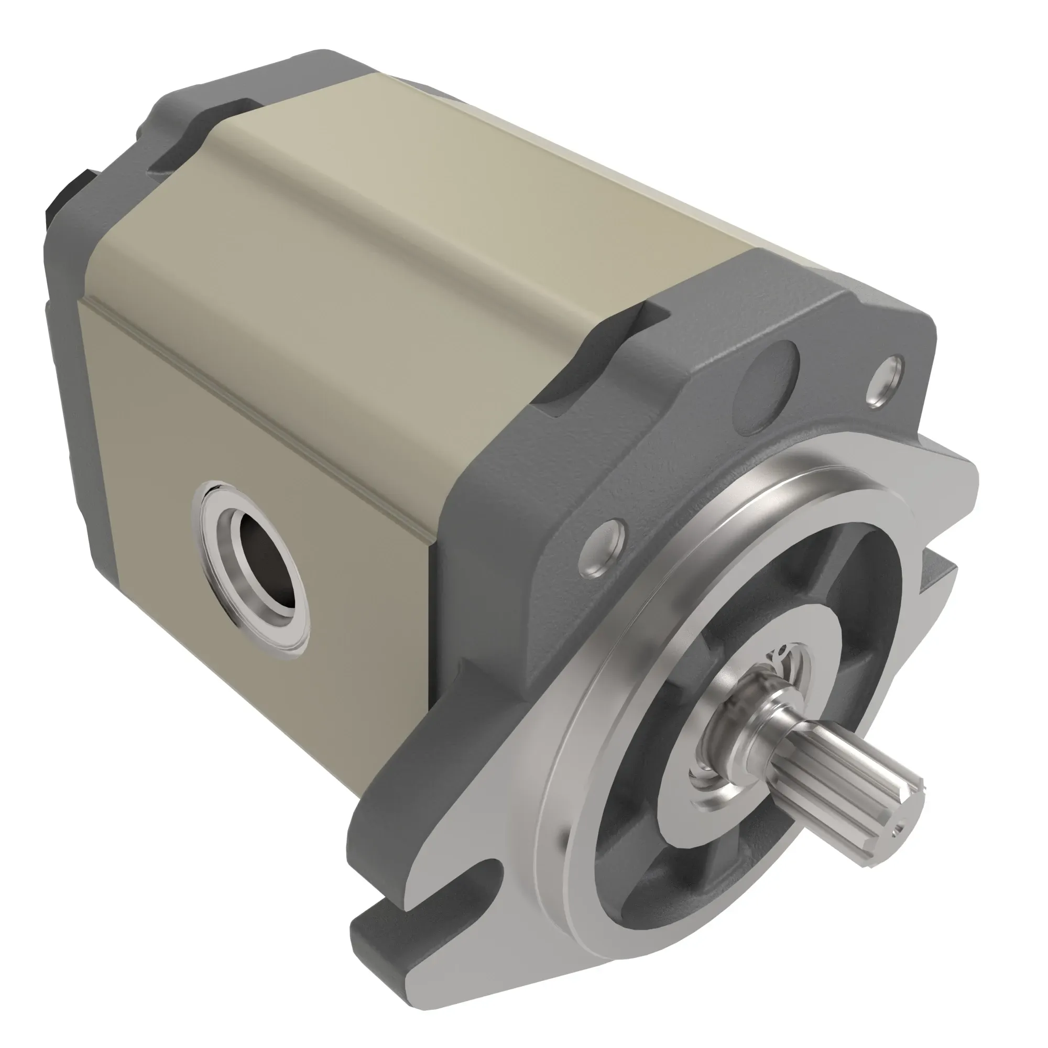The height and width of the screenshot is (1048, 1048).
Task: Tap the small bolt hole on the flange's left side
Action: pos(602,545)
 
